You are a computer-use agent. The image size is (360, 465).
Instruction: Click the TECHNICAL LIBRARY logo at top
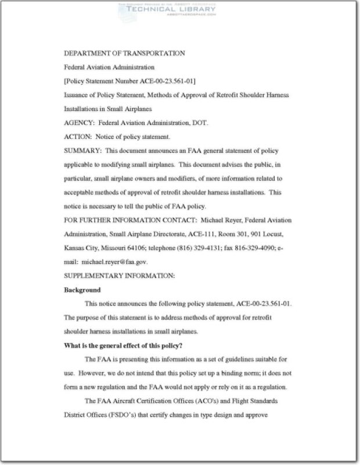pos(167,10)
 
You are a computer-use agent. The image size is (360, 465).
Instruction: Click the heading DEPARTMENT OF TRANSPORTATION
pos(124,53)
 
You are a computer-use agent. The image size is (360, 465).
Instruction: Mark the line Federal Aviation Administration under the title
pos(109,67)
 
